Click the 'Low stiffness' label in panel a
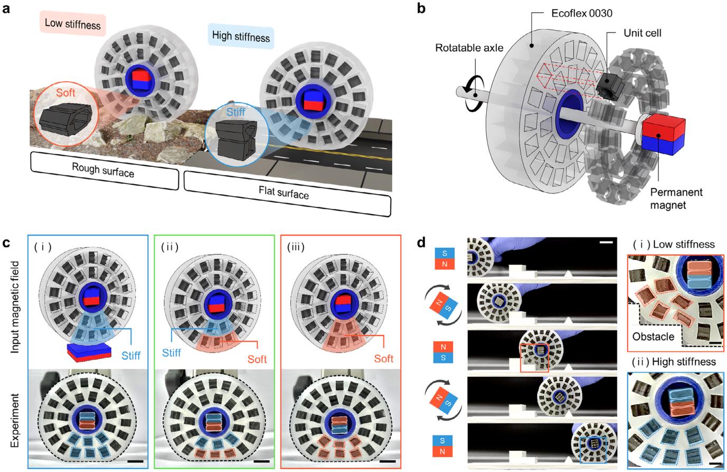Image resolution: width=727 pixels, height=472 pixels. tap(73, 24)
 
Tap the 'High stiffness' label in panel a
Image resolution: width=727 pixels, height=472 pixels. tap(241, 36)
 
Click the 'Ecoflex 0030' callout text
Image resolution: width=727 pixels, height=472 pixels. tap(582, 13)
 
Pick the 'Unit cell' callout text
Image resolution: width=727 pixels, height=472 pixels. tap(643, 33)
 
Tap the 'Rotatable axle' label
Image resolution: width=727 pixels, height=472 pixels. tap(469, 48)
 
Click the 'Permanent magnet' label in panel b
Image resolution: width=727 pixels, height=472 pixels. tap(676, 199)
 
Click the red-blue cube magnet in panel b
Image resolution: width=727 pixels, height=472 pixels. tap(663, 135)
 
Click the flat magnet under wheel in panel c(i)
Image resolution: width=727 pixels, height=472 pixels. tap(89, 351)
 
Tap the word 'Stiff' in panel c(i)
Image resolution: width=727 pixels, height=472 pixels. tap(131, 356)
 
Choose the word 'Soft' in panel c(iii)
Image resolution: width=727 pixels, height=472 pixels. tap(384, 359)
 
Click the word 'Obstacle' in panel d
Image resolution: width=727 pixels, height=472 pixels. tap(653, 337)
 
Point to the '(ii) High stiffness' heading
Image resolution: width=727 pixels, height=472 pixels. tap(674, 362)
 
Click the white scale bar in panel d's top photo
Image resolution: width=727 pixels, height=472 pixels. tap(606, 242)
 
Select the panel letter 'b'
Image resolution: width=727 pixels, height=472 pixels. tap(421, 8)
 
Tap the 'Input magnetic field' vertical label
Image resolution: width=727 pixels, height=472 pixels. tap(15, 307)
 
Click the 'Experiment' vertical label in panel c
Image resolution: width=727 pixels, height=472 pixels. tap(15, 420)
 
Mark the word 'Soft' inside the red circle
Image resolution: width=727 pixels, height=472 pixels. tap(65, 92)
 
